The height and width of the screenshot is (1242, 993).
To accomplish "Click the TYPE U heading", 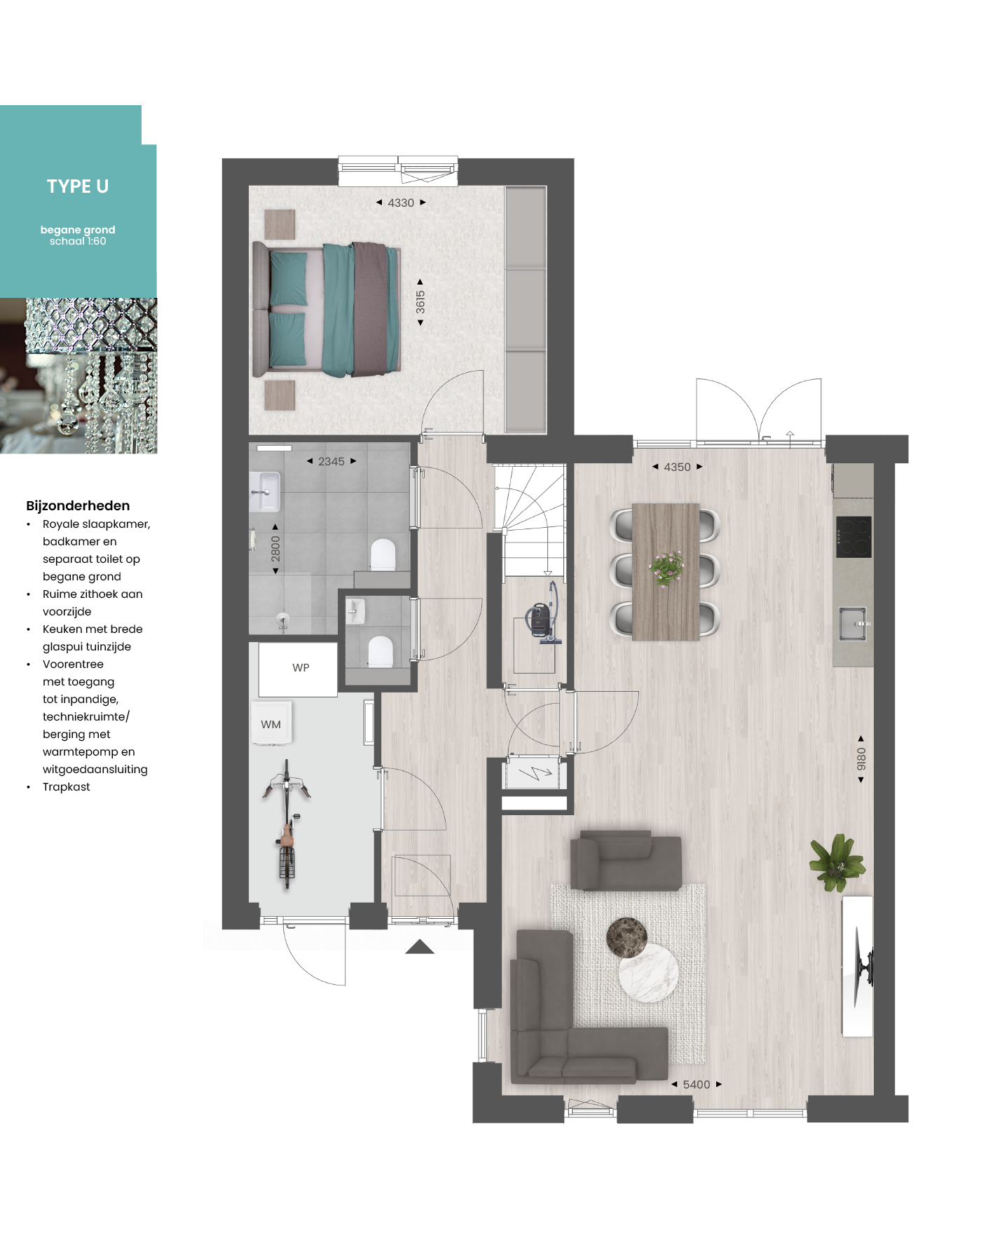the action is click(78, 186).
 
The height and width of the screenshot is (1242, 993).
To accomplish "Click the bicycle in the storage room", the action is click(286, 824).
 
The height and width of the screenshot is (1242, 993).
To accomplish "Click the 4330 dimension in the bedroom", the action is click(401, 203).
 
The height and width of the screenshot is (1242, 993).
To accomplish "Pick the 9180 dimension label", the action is click(861, 758).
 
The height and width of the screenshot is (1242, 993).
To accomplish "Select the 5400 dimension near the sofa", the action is click(697, 1084).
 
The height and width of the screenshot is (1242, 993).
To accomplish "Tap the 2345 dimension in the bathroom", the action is click(331, 461).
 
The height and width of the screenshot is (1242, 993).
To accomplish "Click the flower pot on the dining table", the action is click(666, 568).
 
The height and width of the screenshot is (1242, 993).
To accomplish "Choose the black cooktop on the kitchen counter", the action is click(854, 537).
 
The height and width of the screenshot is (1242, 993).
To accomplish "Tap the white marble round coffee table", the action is click(648, 972).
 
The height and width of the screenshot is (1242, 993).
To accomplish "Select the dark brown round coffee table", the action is click(626, 937).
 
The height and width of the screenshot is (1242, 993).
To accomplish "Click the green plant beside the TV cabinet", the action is click(837, 862).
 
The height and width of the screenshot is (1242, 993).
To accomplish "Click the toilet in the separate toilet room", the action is click(381, 651).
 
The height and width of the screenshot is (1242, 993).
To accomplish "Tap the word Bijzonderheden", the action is click(78, 505).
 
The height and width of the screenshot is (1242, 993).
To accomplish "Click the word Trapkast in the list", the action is click(67, 786).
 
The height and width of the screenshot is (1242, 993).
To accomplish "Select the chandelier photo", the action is click(78, 376).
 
